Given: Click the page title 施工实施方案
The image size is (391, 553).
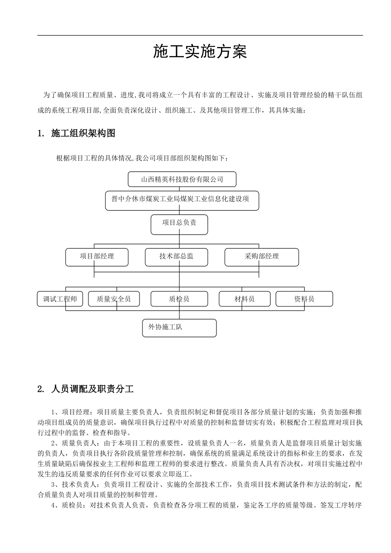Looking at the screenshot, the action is (200, 52).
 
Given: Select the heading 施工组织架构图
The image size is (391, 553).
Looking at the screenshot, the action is (83, 133).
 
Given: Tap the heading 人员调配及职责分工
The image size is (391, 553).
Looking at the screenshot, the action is (93, 389).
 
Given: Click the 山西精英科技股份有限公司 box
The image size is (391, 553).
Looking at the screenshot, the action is (182, 179).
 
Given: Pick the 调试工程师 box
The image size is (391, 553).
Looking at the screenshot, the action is (60, 299).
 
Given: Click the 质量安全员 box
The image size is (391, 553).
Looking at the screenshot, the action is (114, 299).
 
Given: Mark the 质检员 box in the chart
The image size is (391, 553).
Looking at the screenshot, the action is (179, 299).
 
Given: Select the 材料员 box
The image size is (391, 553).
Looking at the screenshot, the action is (244, 299).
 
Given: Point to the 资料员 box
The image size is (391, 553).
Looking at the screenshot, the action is (304, 299).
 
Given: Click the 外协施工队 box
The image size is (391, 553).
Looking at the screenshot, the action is (179, 328).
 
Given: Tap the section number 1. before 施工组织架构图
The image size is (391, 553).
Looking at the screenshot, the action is (41, 133).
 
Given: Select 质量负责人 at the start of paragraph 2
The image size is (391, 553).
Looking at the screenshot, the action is (80, 443).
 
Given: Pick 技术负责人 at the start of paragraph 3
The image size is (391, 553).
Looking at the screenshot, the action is (80, 485).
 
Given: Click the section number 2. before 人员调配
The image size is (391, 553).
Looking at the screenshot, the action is (41, 389).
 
